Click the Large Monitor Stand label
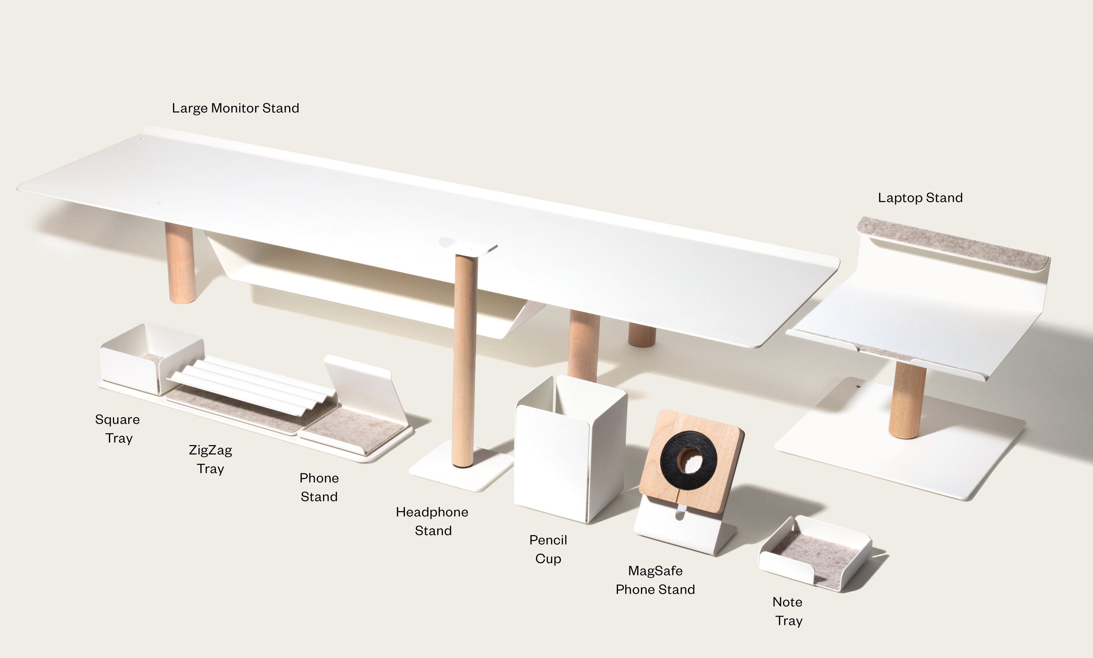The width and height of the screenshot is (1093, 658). [235, 108]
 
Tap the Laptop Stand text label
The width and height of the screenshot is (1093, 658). [920, 198]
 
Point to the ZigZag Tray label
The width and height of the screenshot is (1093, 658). [211, 459]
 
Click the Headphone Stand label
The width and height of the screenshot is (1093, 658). [432, 521]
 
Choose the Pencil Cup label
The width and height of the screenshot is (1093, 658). [548, 549]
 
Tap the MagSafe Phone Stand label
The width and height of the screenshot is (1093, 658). [655, 580]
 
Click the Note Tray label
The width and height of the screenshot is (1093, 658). [788, 611]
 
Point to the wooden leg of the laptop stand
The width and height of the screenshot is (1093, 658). [906, 399]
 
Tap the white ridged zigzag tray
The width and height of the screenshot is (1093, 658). [253, 384]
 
